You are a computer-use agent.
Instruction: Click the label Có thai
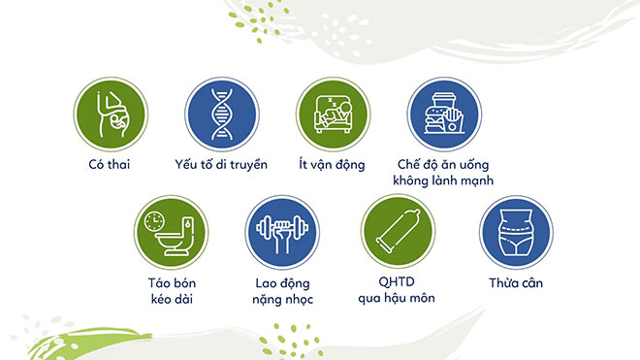point(109,166)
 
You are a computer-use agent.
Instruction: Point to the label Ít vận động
point(332,166)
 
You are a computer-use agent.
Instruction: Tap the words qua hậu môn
point(394,298)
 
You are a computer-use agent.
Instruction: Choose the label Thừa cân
point(517,282)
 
